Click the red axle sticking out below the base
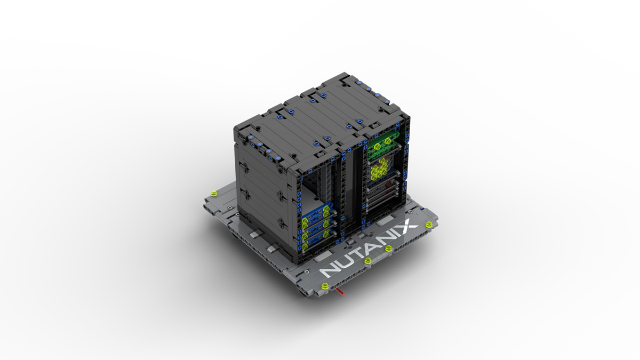click(340, 292)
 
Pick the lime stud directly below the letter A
click(389, 248)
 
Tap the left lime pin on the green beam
click(377, 144)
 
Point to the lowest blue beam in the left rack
click(315, 243)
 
